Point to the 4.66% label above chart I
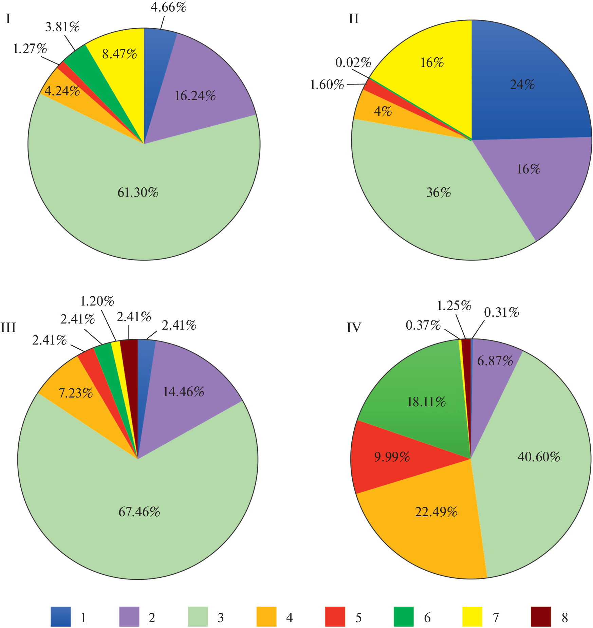(x=169, y=7)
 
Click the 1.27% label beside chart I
(x=30, y=49)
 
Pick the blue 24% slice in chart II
(x=523, y=85)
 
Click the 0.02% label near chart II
(x=353, y=62)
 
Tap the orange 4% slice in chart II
(x=383, y=111)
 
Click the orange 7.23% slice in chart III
(x=75, y=393)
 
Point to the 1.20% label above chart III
(x=97, y=301)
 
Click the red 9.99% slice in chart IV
(x=392, y=457)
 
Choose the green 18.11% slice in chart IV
(x=426, y=402)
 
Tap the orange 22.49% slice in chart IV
(x=436, y=512)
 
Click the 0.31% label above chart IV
(x=501, y=312)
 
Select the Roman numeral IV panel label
(x=354, y=328)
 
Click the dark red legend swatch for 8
(x=541, y=616)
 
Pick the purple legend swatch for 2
(x=129, y=616)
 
